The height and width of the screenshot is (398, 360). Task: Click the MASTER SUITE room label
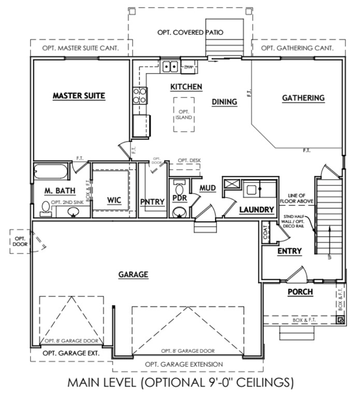(79, 95)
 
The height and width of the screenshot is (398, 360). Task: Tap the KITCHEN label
(186, 87)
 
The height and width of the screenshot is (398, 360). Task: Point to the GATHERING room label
(303, 97)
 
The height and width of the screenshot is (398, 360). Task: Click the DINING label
(224, 102)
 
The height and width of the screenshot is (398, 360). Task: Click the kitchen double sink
(170, 66)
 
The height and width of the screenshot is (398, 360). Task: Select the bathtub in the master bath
(50, 172)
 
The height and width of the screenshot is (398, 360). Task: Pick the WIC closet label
(114, 201)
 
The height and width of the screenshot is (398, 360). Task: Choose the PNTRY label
(152, 202)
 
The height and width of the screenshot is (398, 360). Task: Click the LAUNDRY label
(256, 209)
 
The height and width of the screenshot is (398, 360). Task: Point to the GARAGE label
(133, 274)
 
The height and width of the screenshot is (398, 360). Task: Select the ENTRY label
(289, 251)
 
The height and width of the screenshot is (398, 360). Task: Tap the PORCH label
(300, 292)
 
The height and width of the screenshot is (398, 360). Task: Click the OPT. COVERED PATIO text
(190, 32)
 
